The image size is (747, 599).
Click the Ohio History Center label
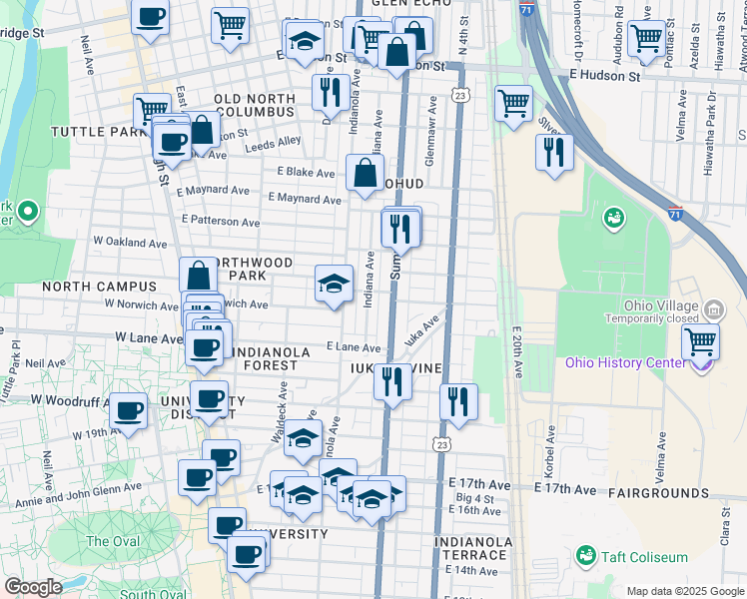coord(625,361)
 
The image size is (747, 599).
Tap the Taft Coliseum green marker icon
coord(586,554)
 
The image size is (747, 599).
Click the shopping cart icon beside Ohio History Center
coord(701,341)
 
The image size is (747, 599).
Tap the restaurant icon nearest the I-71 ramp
coord(553,153)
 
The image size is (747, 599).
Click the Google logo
coord(33,587)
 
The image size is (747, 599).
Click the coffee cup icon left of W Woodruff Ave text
coord(128,410)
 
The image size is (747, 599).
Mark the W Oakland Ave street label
coord(130,242)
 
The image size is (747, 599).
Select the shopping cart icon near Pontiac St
coord(646,39)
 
